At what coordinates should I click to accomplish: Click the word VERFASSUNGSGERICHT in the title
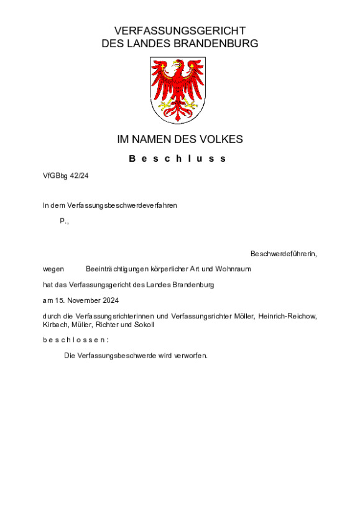click(x=180, y=30)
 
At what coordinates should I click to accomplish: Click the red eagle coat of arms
click(x=178, y=90)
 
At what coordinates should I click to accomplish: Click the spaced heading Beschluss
click(x=178, y=159)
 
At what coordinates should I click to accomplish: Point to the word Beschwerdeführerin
click(x=283, y=254)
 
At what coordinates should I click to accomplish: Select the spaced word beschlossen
click(x=76, y=340)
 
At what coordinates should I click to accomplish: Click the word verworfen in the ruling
click(x=190, y=356)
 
